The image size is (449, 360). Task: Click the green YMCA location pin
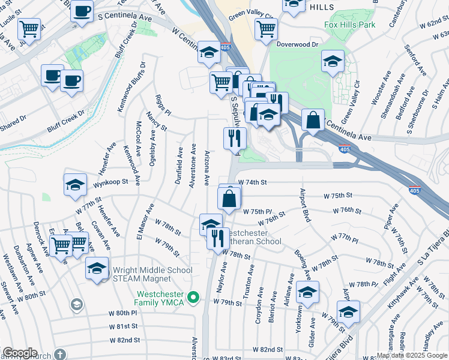click(193, 297)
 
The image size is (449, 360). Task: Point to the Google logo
click(20, 353)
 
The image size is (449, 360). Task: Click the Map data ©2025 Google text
click(412, 355)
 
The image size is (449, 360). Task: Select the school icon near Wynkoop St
click(74, 185)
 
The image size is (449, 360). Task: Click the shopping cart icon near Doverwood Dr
click(265, 28)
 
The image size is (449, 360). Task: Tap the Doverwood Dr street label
click(296, 44)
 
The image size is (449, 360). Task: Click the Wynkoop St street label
click(111, 182)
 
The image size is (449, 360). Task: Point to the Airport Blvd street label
click(306, 205)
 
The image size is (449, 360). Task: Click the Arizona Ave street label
click(206, 167)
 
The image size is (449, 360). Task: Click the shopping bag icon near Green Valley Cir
click(313, 120)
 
